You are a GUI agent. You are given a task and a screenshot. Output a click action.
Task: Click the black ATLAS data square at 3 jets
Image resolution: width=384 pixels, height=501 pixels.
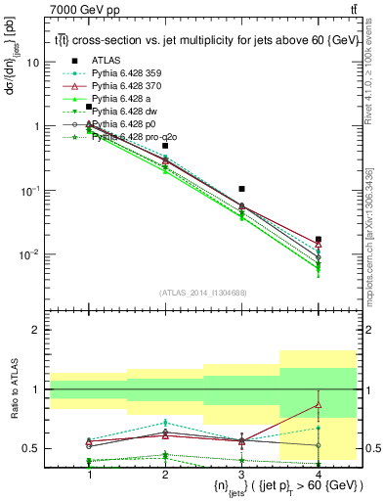click(241, 188)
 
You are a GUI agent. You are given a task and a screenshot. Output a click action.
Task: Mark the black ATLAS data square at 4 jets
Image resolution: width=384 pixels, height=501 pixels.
click(318, 239)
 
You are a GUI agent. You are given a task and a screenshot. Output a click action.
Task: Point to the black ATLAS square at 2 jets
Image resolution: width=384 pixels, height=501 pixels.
click(165, 146)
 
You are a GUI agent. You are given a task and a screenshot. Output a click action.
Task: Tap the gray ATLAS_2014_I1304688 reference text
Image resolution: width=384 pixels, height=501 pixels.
click(202, 293)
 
